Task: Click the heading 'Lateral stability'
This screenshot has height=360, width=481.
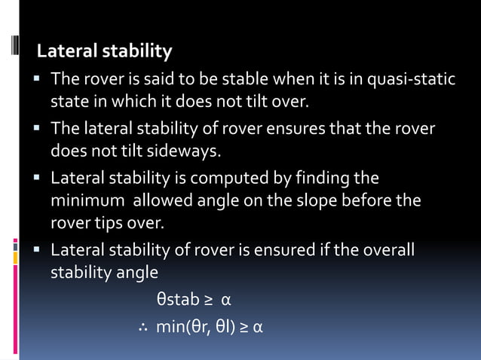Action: (x=105, y=52)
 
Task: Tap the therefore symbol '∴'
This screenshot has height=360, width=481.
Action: (x=142, y=328)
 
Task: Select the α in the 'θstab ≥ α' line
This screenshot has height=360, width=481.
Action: (x=225, y=301)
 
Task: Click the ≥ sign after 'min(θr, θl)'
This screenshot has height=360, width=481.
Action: (x=244, y=328)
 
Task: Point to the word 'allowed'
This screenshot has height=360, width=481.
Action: (x=159, y=202)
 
